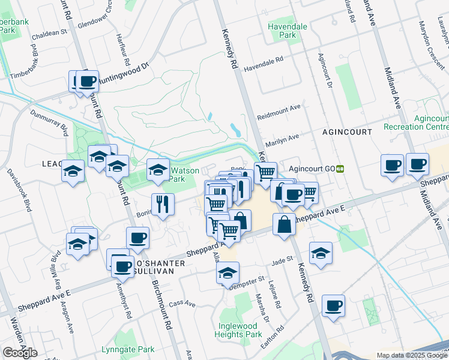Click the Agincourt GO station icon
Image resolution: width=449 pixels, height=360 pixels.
tap(340, 169)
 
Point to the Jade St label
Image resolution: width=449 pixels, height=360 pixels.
tap(282, 260)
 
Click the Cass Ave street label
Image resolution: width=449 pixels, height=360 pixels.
tap(182, 304)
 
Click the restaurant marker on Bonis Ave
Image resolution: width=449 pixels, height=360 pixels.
tap(162, 204)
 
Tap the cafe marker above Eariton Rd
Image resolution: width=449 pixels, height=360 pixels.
tap(333, 305)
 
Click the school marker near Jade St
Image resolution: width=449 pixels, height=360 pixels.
tap(321, 253)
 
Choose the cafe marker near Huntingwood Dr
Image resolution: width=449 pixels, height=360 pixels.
tap(86, 80)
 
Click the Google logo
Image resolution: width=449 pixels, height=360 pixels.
tap(20, 353)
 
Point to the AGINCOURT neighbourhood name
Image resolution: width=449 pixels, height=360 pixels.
tap(346, 131)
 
